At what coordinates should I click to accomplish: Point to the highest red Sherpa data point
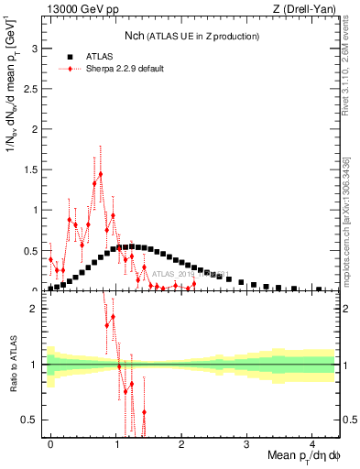[100, 173]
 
